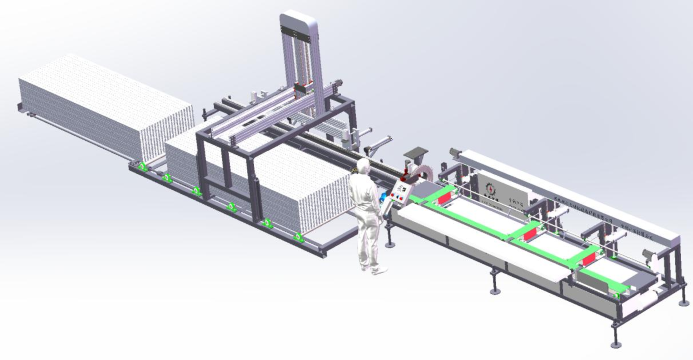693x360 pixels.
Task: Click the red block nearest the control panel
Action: pyautogui.click(x=438, y=199)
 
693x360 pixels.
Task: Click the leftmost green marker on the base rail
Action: pyautogui.click(x=143, y=166)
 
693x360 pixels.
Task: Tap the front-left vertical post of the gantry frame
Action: pyautogui.click(x=201, y=165)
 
